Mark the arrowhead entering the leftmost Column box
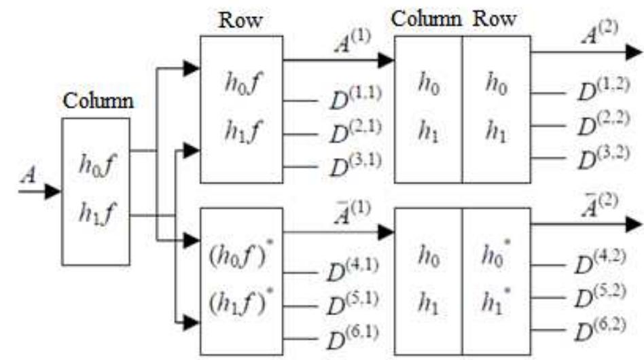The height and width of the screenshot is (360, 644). coord(53,192)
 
